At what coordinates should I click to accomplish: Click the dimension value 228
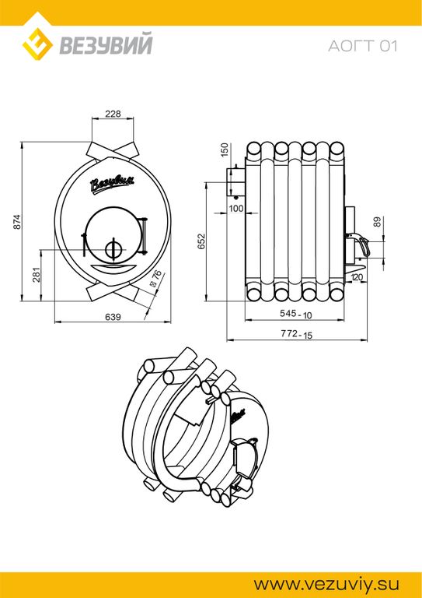pyautogui.click(x=113, y=114)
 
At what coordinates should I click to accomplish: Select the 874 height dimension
pyautogui.click(x=16, y=222)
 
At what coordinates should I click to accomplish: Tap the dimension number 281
pyautogui.click(x=37, y=275)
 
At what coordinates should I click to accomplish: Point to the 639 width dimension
pyautogui.click(x=113, y=317)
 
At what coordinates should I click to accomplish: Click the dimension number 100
pyautogui.click(x=236, y=208)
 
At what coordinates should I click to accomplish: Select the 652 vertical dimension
pyautogui.click(x=201, y=241)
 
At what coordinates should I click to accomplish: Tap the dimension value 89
pyautogui.click(x=377, y=222)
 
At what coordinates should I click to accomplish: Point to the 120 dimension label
pyautogui.click(x=357, y=277)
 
